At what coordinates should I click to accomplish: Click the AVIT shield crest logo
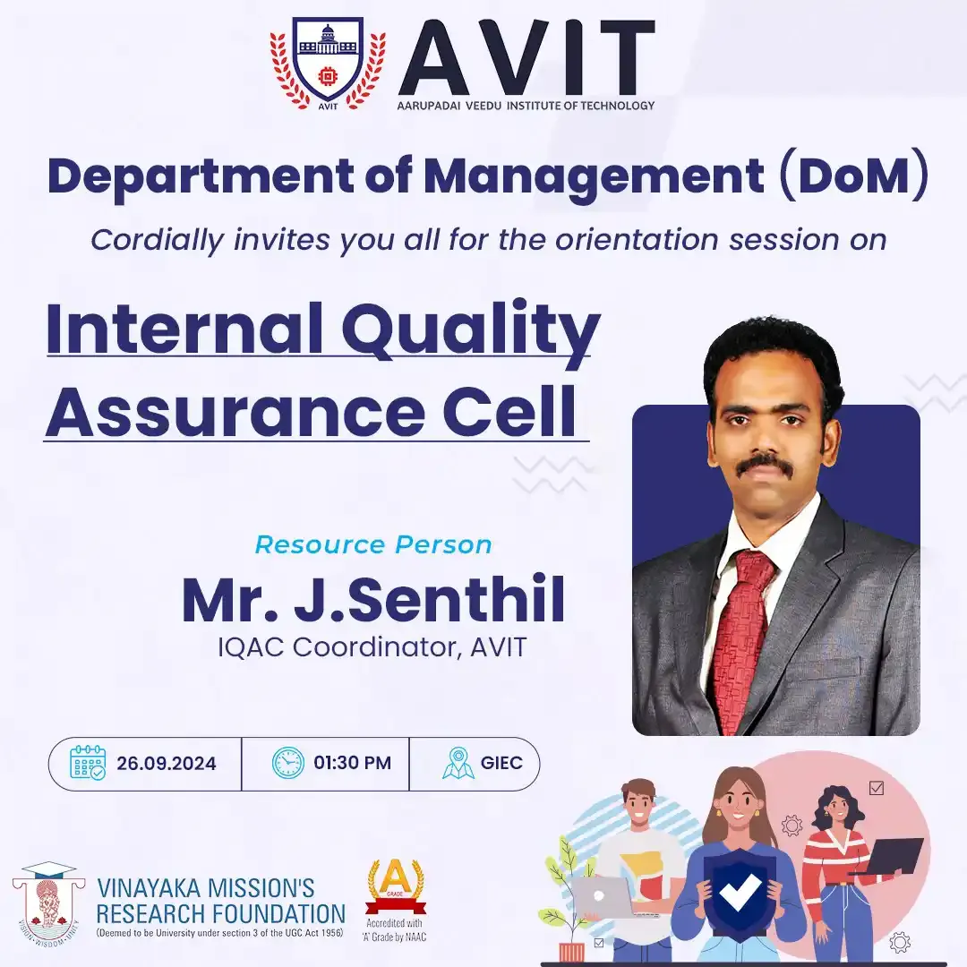(x=328, y=64)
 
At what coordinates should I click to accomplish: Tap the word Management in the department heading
(x=594, y=177)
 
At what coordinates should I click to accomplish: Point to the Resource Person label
(x=373, y=544)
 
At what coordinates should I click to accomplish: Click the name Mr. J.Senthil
(x=373, y=599)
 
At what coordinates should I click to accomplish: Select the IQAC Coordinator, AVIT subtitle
(x=372, y=647)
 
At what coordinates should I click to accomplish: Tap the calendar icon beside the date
(x=88, y=763)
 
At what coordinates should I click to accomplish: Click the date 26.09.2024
(x=167, y=764)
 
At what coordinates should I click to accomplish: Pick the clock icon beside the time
(x=288, y=763)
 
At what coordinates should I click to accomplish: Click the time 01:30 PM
(x=352, y=763)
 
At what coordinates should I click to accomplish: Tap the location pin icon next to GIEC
(x=458, y=763)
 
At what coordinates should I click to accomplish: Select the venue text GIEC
(x=501, y=763)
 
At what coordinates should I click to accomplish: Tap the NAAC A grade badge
(x=396, y=900)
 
